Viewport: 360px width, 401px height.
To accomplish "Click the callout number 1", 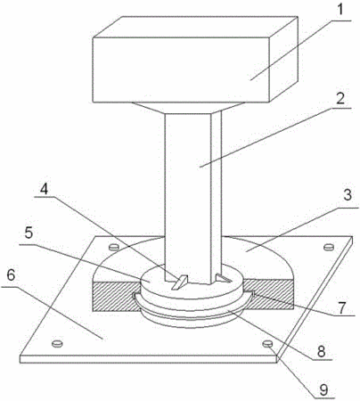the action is click(x=340, y=10).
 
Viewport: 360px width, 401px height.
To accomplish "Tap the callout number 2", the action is click(x=340, y=98).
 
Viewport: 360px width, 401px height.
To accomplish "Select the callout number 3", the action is click(x=347, y=196).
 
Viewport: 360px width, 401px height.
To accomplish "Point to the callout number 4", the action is click(x=44, y=189).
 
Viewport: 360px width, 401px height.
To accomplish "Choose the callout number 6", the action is click(x=11, y=275).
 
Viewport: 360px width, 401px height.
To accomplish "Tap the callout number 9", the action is click(x=323, y=390).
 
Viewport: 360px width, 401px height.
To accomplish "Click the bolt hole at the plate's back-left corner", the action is click(x=114, y=246).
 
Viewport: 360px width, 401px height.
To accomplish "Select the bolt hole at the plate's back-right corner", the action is click(x=329, y=247).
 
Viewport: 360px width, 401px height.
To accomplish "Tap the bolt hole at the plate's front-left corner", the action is click(x=57, y=344).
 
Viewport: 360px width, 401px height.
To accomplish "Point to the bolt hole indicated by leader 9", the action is click(x=267, y=344).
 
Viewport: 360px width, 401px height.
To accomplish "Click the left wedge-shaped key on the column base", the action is click(x=180, y=282).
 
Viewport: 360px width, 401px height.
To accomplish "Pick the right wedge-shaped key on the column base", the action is click(x=223, y=277).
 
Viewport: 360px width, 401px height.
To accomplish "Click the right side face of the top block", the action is click(x=283, y=59).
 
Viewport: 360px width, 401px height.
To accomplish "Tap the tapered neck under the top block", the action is click(x=189, y=108).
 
